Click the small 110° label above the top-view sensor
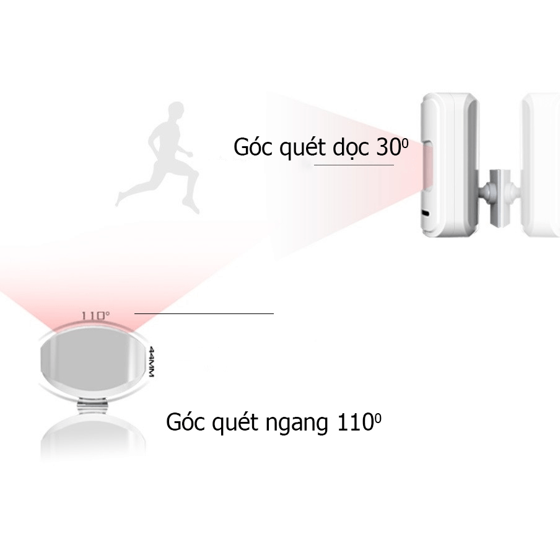(95, 315)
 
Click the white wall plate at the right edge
(539, 164)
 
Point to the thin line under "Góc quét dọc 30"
(353, 165)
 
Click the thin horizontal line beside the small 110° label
(204, 313)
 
